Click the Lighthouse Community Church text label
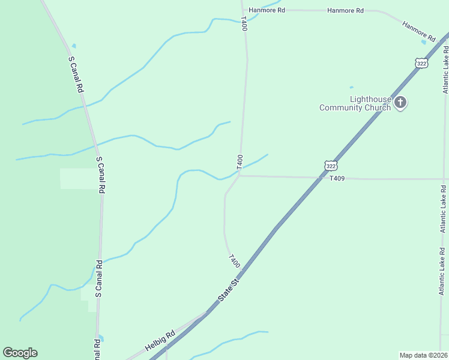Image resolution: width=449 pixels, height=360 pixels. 355,103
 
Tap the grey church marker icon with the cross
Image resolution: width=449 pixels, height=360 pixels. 401,103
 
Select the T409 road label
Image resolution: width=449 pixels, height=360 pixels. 338,178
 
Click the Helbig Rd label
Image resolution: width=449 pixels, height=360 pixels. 160,340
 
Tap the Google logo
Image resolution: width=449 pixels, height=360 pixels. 20,353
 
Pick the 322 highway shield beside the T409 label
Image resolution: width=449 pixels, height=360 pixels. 330,165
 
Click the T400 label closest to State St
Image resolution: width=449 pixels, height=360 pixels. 234,262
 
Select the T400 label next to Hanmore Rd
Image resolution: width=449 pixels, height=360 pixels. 244,24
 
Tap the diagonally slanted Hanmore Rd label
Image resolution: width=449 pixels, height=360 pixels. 418,32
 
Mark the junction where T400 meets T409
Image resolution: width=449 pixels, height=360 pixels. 240,176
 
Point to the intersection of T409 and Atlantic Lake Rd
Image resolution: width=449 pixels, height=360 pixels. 444,179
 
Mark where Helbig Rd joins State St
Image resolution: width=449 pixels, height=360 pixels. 206,313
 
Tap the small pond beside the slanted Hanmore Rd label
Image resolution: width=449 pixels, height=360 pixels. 424,42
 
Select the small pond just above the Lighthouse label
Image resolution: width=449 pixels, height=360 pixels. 352,87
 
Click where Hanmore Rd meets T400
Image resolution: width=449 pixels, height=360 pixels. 243,9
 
